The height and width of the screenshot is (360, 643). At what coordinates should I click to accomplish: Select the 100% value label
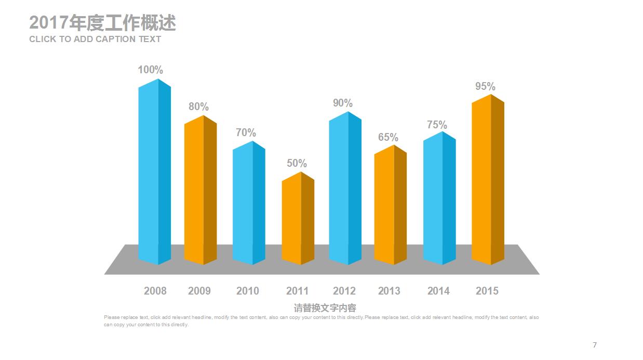point(150,70)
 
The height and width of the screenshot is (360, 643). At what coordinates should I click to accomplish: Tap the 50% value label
point(297,163)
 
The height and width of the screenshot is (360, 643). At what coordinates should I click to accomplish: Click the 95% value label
point(485,86)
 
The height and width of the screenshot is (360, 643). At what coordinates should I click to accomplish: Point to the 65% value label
point(388,137)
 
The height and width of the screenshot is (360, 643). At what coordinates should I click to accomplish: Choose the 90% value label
point(342,103)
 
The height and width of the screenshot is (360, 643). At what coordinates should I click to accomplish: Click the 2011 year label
point(297,291)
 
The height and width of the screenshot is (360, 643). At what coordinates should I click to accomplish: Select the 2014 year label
point(438,291)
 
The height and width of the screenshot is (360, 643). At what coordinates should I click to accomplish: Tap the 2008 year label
point(155,291)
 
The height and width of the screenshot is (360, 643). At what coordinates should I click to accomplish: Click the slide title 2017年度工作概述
point(102,23)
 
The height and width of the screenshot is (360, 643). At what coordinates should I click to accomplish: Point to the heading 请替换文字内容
point(325,308)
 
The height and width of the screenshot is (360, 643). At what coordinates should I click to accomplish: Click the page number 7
point(595,345)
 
